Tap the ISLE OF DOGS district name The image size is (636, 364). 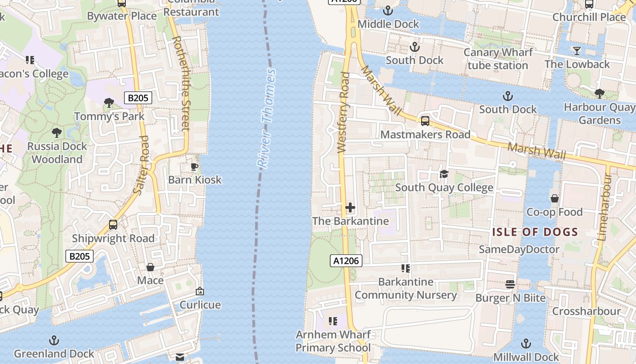coord(535,232)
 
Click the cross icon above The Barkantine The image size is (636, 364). coord(350,208)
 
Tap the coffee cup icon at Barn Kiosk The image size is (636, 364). coord(194,167)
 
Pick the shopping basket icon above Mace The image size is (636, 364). coord(150,267)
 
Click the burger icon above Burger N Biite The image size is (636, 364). coord(510,284)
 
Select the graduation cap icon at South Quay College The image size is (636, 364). coord(444,174)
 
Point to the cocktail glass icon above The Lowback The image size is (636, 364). coord(577,51)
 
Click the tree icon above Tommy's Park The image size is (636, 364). coord(109,103)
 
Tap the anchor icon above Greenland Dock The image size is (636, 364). coord(54,340)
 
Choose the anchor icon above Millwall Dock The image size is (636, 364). coord(526,344)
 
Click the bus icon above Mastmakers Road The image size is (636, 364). coord(425,121)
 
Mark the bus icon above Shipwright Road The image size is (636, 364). coord(113,225)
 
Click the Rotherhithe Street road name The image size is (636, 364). coord(181,83)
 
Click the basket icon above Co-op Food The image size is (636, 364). coord(554,198)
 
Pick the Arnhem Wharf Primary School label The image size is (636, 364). coord(333,341)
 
